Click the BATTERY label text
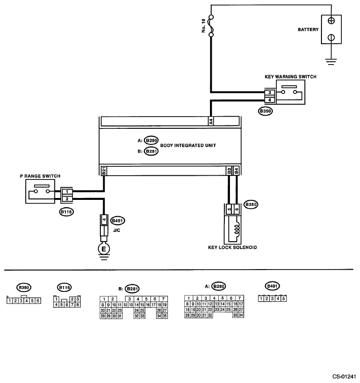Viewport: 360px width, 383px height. click(308, 29)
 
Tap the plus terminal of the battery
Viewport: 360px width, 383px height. click(332, 21)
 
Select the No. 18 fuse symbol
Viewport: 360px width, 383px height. click(211, 26)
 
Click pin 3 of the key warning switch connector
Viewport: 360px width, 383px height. click(270, 92)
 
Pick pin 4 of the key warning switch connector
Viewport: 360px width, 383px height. click(270, 99)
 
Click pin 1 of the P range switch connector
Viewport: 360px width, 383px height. click(67, 191)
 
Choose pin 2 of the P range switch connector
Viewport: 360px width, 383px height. click(67, 199)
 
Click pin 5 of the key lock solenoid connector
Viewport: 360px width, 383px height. click(229, 209)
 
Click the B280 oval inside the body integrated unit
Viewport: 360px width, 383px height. click(151, 140)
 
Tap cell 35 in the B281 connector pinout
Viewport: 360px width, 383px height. click(164, 316)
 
